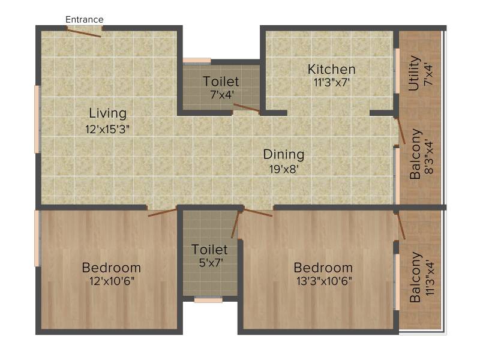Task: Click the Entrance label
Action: click(85, 20)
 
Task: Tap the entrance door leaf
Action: click(83, 33)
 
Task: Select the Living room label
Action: click(108, 113)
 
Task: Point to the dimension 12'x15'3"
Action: click(107, 129)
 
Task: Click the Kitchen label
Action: click(332, 69)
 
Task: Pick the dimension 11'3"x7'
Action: click(332, 82)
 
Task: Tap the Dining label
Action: click(284, 155)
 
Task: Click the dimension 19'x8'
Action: click(284, 169)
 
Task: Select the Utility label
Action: click(414, 73)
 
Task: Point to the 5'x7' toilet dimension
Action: click(211, 262)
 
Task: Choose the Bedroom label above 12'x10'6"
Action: click(112, 268)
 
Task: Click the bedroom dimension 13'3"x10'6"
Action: click(324, 281)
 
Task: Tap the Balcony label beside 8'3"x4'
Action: click(415, 154)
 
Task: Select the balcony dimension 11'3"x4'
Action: click(430, 278)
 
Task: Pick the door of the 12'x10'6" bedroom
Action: click(163, 213)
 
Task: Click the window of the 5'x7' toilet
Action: click(208, 300)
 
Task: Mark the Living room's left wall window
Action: click(37, 119)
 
